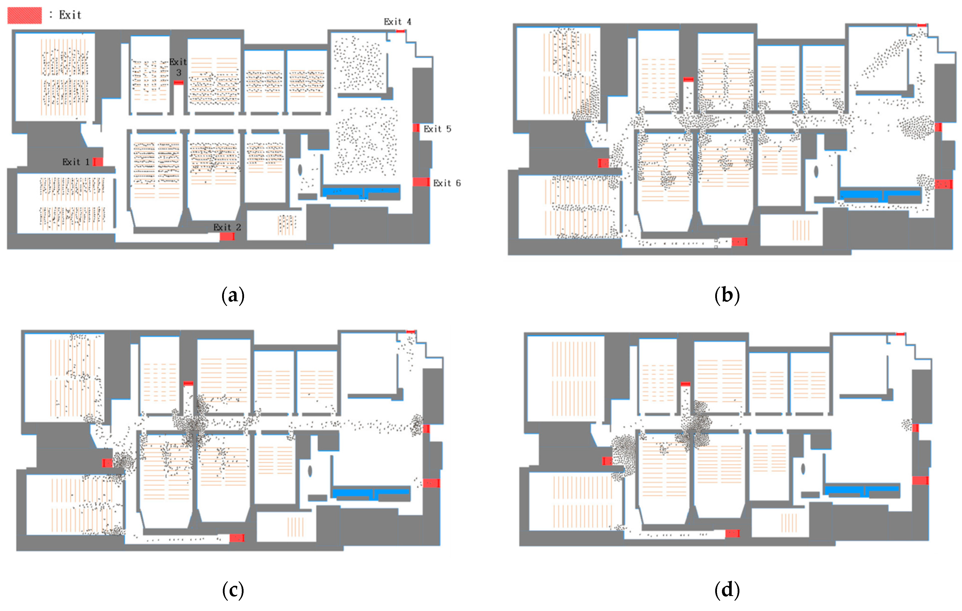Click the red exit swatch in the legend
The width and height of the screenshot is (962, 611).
pos(24,15)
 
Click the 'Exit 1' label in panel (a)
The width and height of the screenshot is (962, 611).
pos(76,162)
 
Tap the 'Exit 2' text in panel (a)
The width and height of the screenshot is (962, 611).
pos(227,227)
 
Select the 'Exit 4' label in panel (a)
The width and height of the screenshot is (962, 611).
pos(398,21)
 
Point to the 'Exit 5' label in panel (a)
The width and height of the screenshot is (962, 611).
pos(437,129)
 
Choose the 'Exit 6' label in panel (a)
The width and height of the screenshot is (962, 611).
pos(447,183)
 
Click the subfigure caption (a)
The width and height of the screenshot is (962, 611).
pos(233,296)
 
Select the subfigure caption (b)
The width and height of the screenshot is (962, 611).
pos(727,296)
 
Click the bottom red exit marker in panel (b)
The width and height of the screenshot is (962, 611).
pos(739,242)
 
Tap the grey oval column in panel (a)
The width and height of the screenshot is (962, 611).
pos(300,170)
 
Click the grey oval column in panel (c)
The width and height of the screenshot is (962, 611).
pos(310,471)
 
